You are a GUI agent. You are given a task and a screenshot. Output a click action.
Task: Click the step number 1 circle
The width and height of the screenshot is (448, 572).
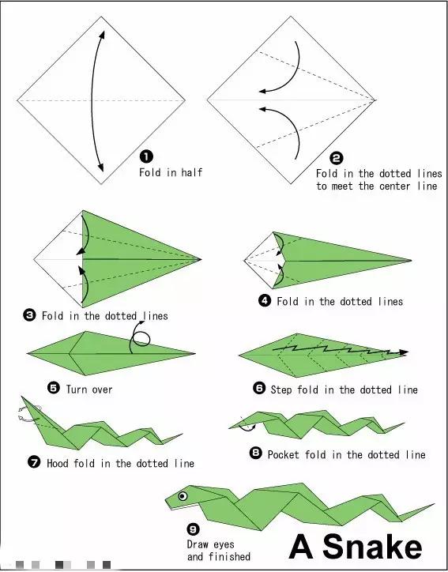(x=146, y=157)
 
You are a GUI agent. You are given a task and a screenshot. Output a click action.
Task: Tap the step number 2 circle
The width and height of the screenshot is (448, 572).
(x=337, y=158)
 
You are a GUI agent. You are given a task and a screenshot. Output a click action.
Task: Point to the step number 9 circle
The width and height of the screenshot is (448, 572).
(x=193, y=529)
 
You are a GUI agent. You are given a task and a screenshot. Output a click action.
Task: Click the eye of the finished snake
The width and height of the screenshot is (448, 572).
(x=183, y=495)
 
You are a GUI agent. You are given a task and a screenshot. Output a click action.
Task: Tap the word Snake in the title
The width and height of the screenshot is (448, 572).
(x=372, y=546)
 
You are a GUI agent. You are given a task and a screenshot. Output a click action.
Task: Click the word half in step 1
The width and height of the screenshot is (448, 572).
(x=191, y=171)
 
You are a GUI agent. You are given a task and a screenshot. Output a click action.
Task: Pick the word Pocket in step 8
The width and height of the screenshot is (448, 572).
(x=284, y=454)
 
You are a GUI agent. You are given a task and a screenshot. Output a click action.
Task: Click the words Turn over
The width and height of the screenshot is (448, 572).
(x=89, y=389)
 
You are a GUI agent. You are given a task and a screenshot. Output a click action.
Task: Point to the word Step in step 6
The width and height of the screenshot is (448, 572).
(x=281, y=389)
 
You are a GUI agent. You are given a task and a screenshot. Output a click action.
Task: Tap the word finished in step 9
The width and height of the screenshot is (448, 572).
(x=229, y=556)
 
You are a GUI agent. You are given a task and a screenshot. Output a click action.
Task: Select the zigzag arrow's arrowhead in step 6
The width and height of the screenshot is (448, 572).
(x=404, y=352)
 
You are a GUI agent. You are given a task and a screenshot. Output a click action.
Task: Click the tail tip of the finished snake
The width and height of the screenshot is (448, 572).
(x=434, y=504)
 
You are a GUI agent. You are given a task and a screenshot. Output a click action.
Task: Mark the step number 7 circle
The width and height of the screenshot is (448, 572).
(x=34, y=462)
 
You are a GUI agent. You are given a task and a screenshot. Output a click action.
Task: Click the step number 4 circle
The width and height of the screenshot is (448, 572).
(x=265, y=300)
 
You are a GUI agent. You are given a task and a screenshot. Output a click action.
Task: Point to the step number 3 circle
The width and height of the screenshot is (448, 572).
(x=29, y=314)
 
